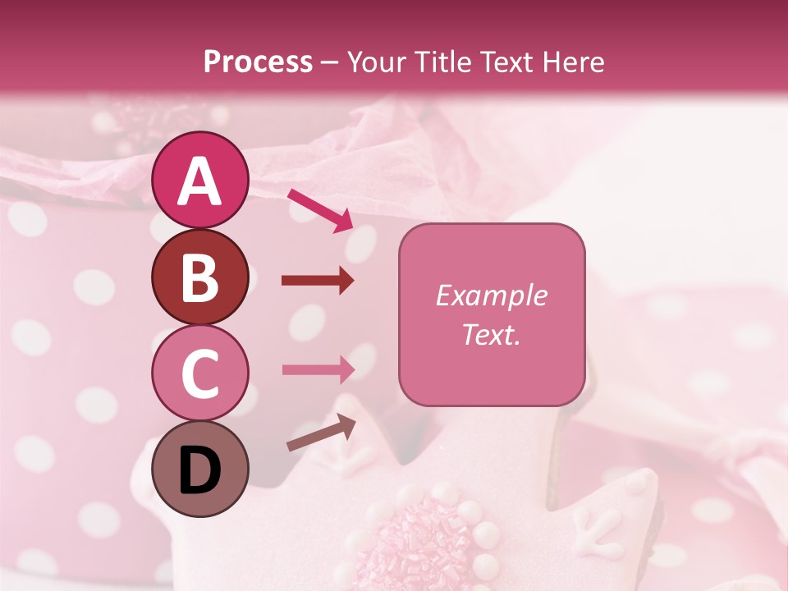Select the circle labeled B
coord(199,277)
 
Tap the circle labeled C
coord(199,373)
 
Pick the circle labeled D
coord(199,469)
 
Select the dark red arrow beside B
coord(318,281)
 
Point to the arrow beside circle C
coord(318,369)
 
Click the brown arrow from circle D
coord(321,433)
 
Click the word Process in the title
coord(258,62)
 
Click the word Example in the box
coord(491,295)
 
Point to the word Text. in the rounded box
coord(491,334)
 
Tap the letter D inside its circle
coord(199,470)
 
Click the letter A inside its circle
coord(199,181)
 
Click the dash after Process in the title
coord(329,62)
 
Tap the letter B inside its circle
coord(199,278)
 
